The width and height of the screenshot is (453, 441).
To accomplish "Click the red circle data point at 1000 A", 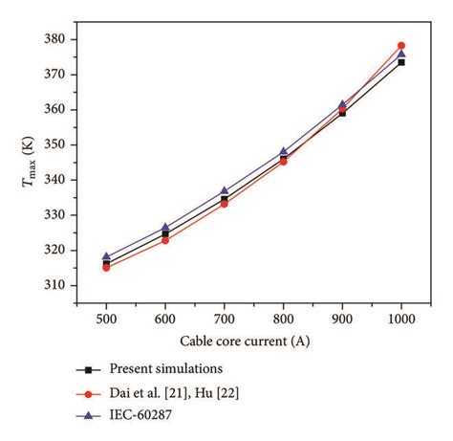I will pos(401,45).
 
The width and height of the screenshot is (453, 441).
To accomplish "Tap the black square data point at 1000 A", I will pos(401,61).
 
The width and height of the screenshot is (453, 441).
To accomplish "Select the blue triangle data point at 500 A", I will pos(106,256).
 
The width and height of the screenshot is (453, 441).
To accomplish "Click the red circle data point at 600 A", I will pos(165,240).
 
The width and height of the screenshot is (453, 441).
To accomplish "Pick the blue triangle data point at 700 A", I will pos(225,191).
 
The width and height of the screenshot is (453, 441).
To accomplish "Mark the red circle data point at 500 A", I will pos(106,268).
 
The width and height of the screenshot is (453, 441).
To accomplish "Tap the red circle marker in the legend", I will pos(88,392).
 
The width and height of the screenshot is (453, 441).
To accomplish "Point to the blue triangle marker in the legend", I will pos(88,414).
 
